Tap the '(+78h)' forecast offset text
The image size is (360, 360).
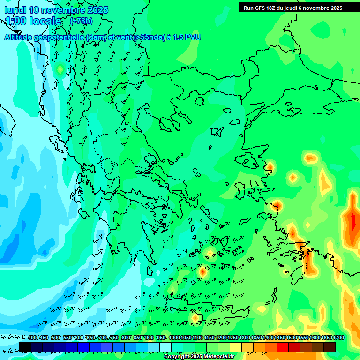point(81,21)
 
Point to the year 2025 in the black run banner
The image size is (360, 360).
point(335,8)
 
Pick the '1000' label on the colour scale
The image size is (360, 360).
point(174,338)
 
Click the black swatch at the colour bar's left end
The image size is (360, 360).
point(25,347)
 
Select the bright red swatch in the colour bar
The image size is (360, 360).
point(283,347)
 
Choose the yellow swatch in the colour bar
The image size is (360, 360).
point(236,347)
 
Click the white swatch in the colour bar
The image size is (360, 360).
point(165,347)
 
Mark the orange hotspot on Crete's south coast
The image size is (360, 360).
point(195,318)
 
